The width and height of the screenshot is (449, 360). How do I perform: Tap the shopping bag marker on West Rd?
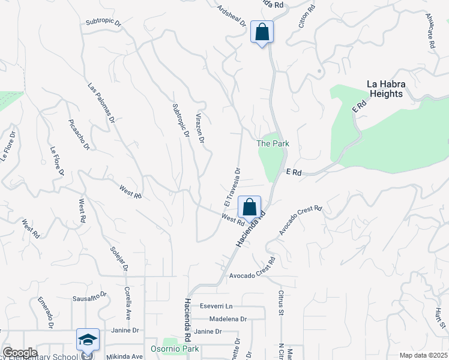pyautogui.click(x=250, y=207)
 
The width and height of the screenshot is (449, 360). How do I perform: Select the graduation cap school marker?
pyautogui.click(x=88, y=340)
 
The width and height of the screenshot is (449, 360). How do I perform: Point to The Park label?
pyautogui.click(x=273, y=143)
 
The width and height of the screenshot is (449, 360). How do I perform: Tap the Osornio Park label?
pyautogui.click(x=182, y=349)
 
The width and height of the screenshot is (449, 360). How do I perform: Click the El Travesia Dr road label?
pyautogui.click(x=232, y=185)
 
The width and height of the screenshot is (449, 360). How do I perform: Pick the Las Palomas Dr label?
pyautogui.click(x=101, y=103)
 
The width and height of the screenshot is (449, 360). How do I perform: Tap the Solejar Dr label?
pyautogui.click(x=119, y=257)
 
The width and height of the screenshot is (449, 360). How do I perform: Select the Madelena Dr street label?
pyautogui.click(x=226, y=319)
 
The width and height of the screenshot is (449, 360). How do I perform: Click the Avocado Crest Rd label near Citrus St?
pyautogui.click(x=252, y=275)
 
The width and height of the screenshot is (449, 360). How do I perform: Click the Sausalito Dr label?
pyautogui.click(x=90, y=296)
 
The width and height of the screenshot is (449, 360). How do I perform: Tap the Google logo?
pyautogui.click(x=20, y=353)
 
